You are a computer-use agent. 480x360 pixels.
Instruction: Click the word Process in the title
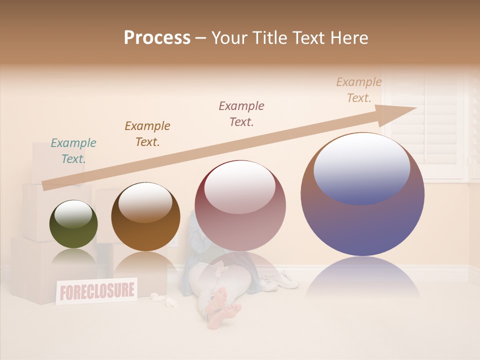coord(157,38)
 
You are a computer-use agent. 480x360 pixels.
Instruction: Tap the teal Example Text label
coord(73,151)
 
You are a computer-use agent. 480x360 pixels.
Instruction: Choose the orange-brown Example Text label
coord(147,134)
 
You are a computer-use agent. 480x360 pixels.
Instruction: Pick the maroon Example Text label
coord(241,114)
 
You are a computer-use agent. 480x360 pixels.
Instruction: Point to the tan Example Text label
coord(359,90)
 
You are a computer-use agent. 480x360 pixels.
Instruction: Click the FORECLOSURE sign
coord(96,290)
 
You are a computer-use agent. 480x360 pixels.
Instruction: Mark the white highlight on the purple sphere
coord(361,167)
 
